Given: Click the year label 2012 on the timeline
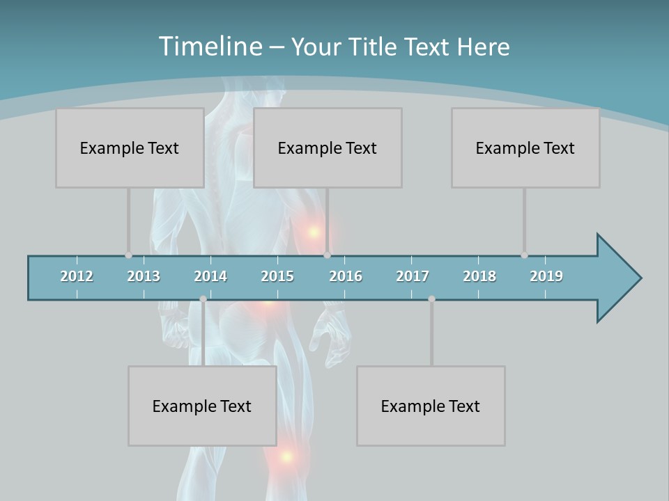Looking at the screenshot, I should pos(77,276).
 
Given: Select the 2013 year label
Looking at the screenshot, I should pos(144,276).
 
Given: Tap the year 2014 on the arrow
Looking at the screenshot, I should pos(210,276).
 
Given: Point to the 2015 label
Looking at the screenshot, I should pos(277,276).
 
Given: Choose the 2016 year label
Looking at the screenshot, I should pos(346,276).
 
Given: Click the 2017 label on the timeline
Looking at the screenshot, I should pos(413,276).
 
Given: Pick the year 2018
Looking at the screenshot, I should pos(479,276).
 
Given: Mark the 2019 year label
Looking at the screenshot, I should pos(546,276).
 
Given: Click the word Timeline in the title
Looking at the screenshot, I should pos(210,47).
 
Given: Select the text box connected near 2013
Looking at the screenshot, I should pos(130,148).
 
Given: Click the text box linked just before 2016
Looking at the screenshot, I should pos(328,148).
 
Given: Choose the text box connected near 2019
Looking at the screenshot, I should pos(525,148).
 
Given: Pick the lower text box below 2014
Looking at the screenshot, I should pos(202,406).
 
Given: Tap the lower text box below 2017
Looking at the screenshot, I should pos(431,406).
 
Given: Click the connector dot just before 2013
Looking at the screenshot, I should pos(128,255).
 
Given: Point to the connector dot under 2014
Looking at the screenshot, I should pos(203,299).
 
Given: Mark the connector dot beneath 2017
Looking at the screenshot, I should pos(431,299).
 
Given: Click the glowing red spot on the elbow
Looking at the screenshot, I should pos(314,232).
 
